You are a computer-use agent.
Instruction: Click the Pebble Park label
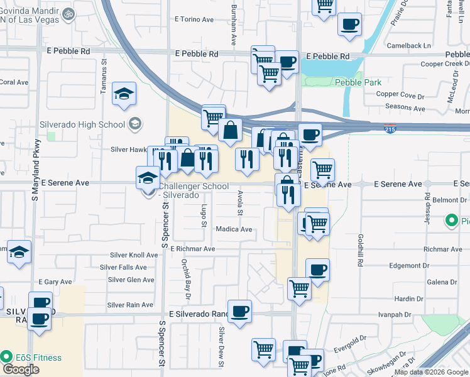point(358,82)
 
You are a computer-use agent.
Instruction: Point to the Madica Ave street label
point(234,229)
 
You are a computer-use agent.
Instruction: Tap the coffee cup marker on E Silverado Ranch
point(239,312)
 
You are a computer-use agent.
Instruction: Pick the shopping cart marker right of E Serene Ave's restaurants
point(322,169)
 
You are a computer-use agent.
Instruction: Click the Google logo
point(21,369)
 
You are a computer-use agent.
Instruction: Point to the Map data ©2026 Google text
point(430,372)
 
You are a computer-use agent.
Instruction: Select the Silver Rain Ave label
point(130,305)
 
